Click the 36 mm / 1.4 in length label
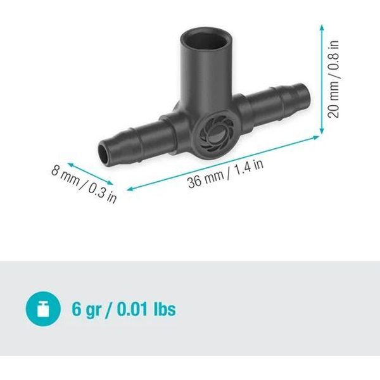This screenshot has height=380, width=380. click(x=225, y=174)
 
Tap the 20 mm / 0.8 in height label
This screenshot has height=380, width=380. click(x=334, y=79)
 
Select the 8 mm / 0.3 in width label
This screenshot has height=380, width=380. click(x=84, y=184)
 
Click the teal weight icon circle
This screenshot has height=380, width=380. click(x=43, y=309)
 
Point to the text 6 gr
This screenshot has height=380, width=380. click(x=87, y=310)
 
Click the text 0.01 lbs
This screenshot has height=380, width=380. click(x=146, y=309)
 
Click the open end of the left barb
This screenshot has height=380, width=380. click(x=104, y=155)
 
